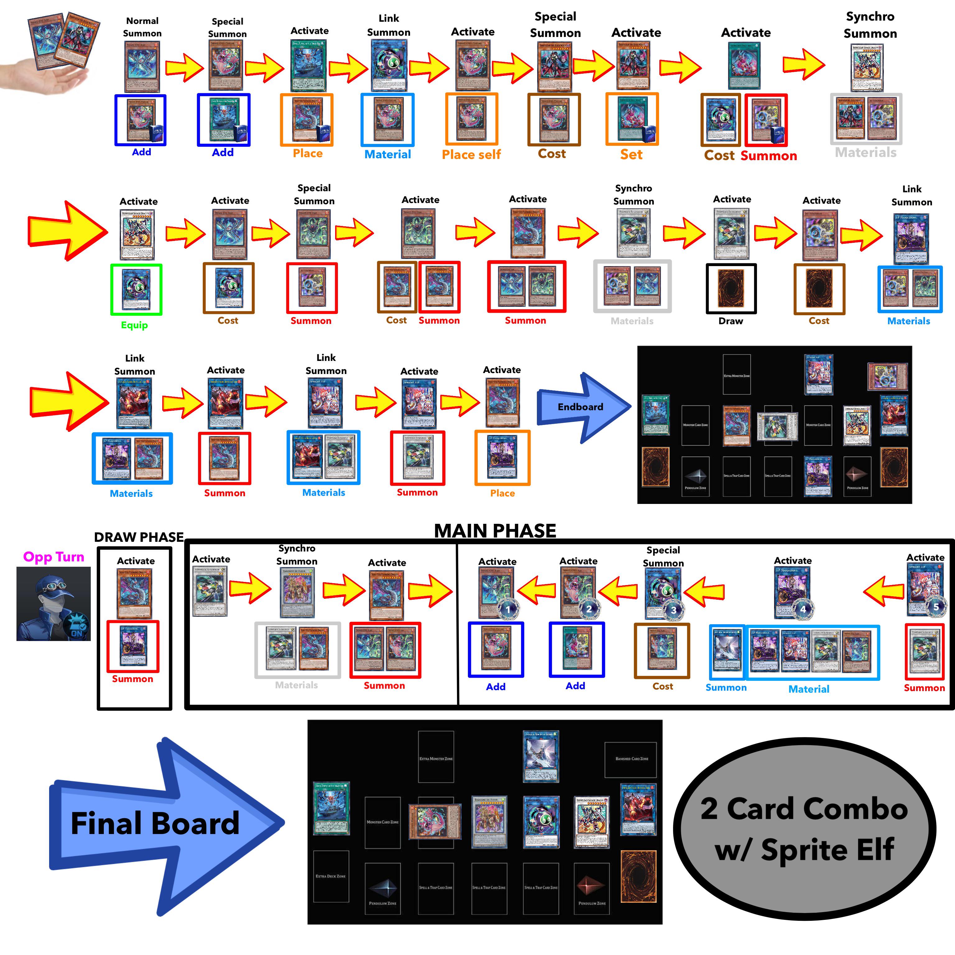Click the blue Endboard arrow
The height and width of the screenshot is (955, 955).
(581, 407)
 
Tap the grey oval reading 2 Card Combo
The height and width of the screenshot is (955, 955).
(804, 829)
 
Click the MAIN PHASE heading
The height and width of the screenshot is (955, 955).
(495, 530)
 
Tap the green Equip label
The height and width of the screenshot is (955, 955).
(134, 325)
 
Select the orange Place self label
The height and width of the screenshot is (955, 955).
(471, 155)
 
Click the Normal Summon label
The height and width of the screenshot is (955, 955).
(142, 27)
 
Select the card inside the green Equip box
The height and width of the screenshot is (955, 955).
(136, 289)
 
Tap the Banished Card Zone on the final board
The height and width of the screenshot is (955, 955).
(631, 759)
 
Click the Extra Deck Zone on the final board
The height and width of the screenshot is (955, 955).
(331, 876)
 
